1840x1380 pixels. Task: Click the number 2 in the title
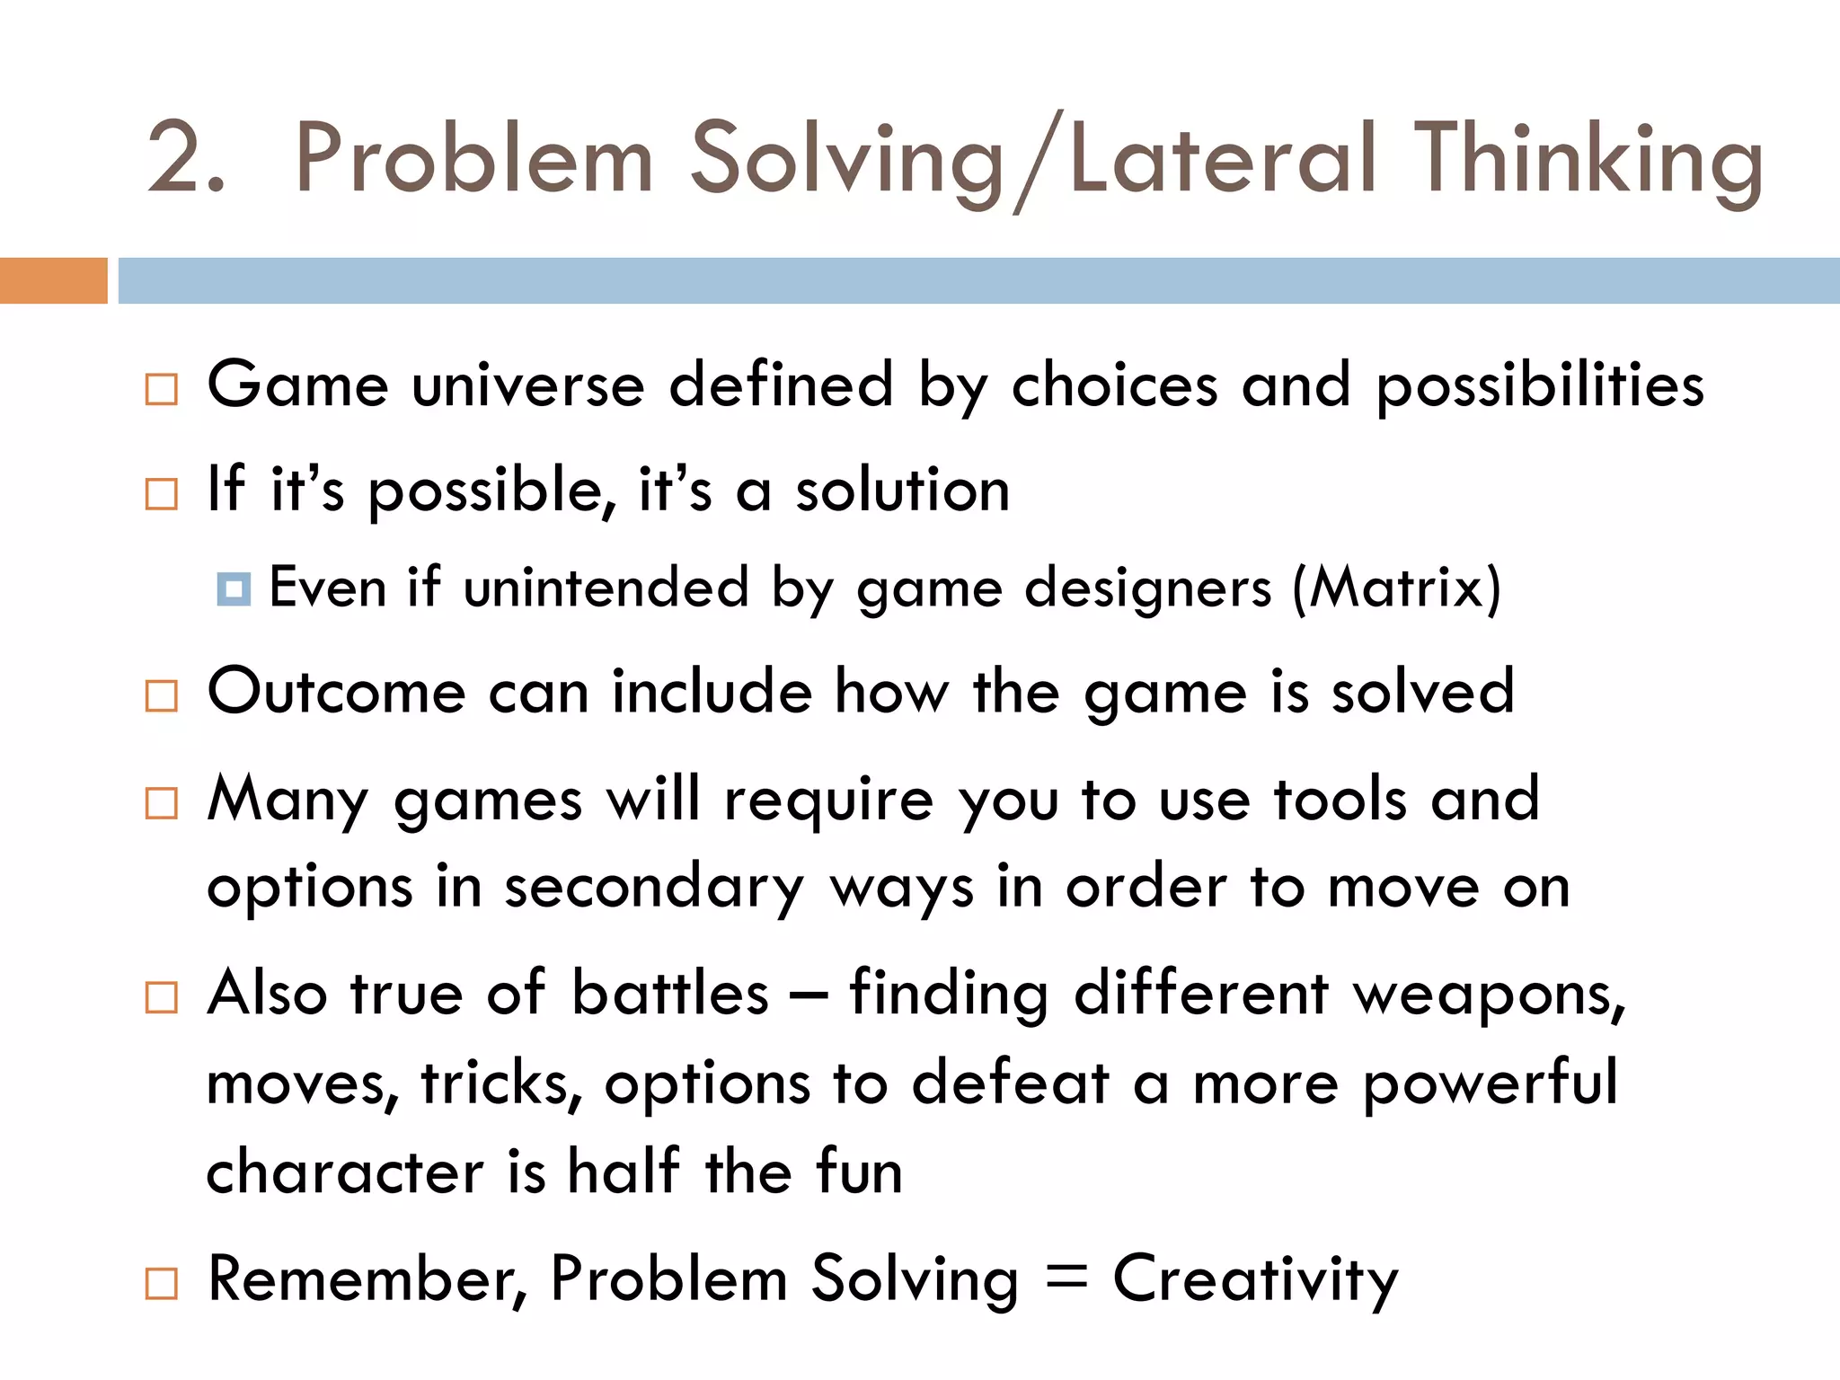pyautogui.click(x=176, y=159)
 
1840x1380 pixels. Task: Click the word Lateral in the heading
pyautogui.click(x=1222, y=159)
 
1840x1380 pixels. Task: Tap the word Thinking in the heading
pyautogui.click(x=1588, y=159)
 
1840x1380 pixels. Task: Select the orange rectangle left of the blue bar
pyautogui.click(x=53, y=280)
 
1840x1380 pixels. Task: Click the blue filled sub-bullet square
pyautogui.click(x=234, y=589)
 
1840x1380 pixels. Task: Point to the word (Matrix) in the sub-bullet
pyautogui.click(x=1396, y=588)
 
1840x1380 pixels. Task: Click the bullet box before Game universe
pyautogui.click(x=162, y=389)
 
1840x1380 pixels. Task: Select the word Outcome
pyautogui.click(x=336, y=692)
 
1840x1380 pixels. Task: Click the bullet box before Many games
pyautogui.click(x=162, y=802)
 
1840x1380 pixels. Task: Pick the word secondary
pyautogui.click(x=653, y=888)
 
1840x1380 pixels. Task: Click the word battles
pyautogui.click(x=670, y=994)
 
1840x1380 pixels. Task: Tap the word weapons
pyautogui.click(x=1489, y=995)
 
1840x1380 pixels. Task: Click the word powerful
pyautogui.click(x=1491, y=1083)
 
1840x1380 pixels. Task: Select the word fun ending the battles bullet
pyautogui.click(x=859, y=1172)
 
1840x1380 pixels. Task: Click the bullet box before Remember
pyautogui.click(x=162, y=1283)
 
